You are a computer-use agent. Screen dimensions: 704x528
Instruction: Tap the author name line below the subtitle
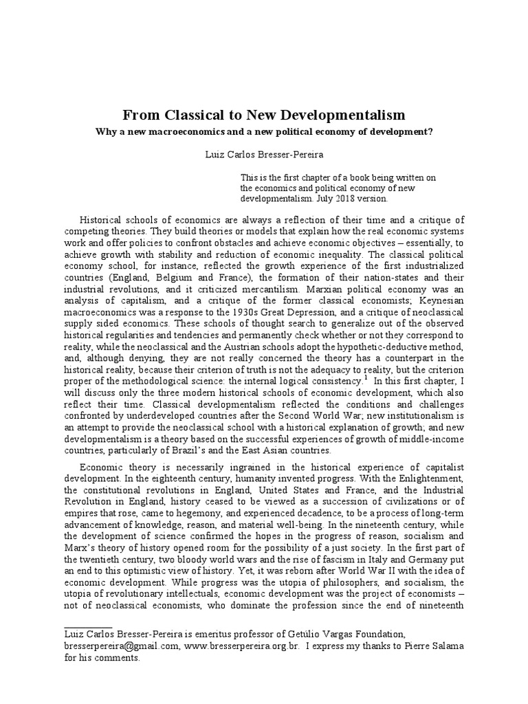pos(263,157)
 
